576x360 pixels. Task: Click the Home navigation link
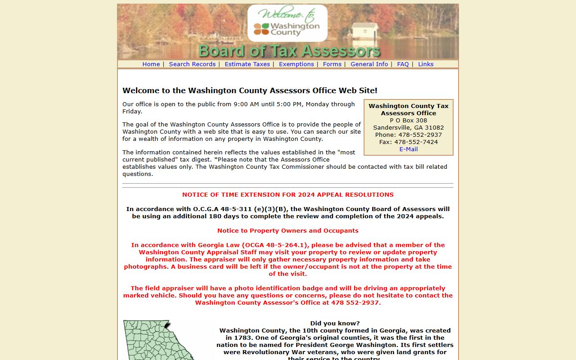[151, 64]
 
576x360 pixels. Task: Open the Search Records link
[192, 64]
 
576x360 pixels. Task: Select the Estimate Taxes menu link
[247, 64]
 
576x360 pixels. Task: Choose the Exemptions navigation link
[296, 64]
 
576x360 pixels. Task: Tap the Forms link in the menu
[332, 64]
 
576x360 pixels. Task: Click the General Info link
[369, 64]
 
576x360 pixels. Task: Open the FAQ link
[403, 64]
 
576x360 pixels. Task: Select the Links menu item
[426, 64]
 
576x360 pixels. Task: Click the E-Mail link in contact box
[408, 149]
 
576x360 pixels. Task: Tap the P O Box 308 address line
[408, 120]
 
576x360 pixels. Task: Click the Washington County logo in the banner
[287, 23]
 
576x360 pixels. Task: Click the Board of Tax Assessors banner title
[289, 51]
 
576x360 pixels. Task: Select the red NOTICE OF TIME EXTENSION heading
[288, 195]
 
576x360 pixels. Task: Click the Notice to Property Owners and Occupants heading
[288, 231]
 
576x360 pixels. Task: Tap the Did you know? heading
[335, 323]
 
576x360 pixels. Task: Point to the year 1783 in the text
[244, 337]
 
